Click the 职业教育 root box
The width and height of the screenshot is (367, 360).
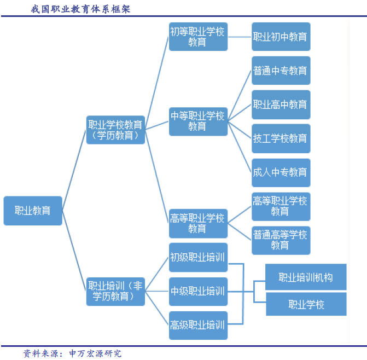click(x=33, y=210)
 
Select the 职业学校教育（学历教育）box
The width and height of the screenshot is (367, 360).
click(x=115, y=130)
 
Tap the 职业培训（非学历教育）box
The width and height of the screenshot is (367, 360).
click(x=115, y=291)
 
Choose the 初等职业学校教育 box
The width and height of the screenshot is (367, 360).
click(x=198, y=37)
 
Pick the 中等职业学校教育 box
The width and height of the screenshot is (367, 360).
click(x=198, y=121)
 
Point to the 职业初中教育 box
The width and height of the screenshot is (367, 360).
click(x=281, y=37)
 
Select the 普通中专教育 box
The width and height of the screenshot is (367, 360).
click(x=281, y=71)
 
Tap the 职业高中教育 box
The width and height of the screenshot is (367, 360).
click(x=281, y=104)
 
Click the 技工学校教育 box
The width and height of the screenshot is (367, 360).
click(x=281, y=138)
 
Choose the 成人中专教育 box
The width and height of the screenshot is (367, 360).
click(x=281, y=172)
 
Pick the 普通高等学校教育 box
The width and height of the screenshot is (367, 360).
click(x=281, y=240)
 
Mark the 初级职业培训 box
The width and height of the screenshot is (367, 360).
click(x=198, y=257)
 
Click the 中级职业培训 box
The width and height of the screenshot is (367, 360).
click(x=198, y=291)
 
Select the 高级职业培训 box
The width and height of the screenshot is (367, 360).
click(x=198, y=325)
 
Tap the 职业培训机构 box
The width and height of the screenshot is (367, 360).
click(x=306, y=277)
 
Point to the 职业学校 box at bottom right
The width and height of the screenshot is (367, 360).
click(x=306, y=304)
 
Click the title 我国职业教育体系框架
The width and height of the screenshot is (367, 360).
click(x=80, y=9)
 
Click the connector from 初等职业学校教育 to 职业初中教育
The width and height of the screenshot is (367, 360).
click(x=240, y=37)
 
